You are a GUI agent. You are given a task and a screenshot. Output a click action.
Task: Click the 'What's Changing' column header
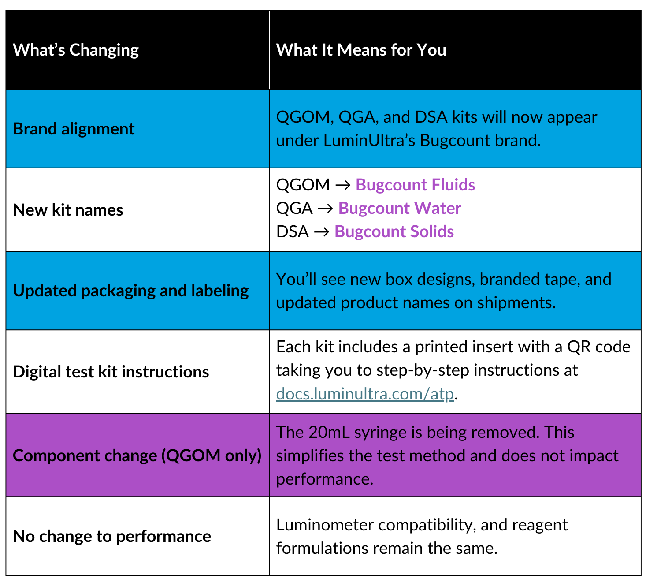pyautogui.click(x=76, y=50)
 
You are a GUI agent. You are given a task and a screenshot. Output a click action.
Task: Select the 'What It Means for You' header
pyautogui.click(x=361, y=50)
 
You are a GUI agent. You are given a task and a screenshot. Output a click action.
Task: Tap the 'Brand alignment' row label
pyautogui.click(x=74, y=129)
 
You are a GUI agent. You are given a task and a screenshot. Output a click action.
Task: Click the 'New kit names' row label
pyautogui.click(x=68, y=210)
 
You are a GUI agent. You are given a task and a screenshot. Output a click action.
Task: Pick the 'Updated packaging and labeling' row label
pyautogui.click(x=131, y=291)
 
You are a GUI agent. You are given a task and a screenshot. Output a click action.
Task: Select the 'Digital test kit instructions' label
pyautogui.click(x=111, y=372)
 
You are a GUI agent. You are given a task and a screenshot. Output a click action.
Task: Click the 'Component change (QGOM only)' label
pyautogui.click(x=137, y=455)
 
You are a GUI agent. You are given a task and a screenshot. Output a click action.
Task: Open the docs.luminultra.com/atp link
pyautogui.click(x=365, y=394)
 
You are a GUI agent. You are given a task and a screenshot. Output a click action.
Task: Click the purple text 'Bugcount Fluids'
pyautogui.click(x=415, y=185)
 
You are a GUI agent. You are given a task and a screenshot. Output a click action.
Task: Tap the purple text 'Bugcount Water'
pyautogui.click(x=399, y=208)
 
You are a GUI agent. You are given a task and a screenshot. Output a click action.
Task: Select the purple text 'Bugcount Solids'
pyautogui.click(x=394, y=231)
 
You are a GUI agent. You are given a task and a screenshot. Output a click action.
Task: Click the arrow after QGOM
pyautogui.click(x=343, y=185)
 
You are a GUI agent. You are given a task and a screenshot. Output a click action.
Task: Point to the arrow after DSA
pyautogui.click(x=322, y=232)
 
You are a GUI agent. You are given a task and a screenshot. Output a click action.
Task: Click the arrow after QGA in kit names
pyautogui.click(x=325, y=209)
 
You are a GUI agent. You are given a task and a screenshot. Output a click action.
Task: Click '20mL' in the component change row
pyautogui.click(x=329, y=432)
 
